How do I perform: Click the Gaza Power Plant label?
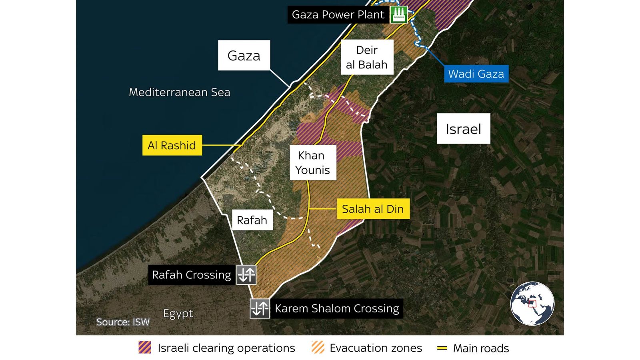click(338, 15)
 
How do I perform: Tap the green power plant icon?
click(398, 14)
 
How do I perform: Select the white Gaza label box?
click(244, 55)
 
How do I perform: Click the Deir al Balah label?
click(367, 57)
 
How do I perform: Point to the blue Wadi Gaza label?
click(476, 74)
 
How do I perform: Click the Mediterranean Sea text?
click(180, 92)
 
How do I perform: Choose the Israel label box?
click(463, 129)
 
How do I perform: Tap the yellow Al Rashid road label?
click(172, 145)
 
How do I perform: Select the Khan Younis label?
click(312, 162)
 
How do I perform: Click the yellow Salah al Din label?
click(373, 209)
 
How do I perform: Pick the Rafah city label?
click(252, 220)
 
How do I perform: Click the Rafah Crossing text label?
click(192, 275)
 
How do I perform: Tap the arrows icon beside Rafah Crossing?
click(246, 275)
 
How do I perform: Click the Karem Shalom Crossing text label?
click(337, 308)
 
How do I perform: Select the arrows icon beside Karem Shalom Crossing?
click(260, 308)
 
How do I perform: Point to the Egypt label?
click(178, 314)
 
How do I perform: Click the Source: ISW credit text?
click(123, 322)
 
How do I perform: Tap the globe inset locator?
click(532, 303)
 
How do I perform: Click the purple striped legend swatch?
click(145, 348)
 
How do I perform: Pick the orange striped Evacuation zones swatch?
click(318, 348)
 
